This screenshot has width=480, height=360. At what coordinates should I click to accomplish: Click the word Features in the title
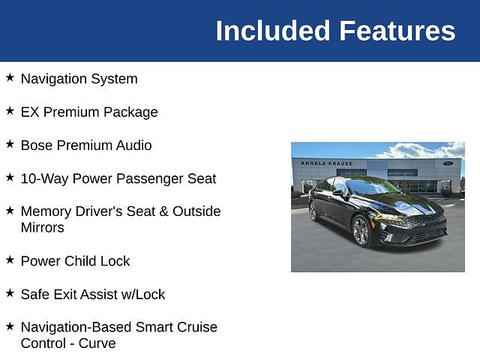click(x=397, y=31)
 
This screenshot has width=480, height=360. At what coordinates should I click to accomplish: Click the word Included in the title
click(x=273, y=31)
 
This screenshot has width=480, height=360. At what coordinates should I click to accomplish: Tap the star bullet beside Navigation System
click(x=10, y=77)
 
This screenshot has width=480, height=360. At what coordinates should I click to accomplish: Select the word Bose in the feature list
click(x=37, y=145)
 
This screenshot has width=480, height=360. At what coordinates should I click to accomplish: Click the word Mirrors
click(x=43, y=228)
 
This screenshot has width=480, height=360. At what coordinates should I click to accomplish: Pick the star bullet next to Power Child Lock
click(x=10, y=260)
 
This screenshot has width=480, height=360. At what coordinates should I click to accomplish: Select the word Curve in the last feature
click(x=97, y=343)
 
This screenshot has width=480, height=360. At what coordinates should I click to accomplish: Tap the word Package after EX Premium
click(x=130, y=112)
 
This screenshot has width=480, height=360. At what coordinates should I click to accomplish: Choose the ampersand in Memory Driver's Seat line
click(x=163, y=211)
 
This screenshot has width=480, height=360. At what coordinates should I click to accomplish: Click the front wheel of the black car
click(x=361, y=230)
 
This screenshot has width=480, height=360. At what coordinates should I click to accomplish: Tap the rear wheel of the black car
click(x=313, y=211)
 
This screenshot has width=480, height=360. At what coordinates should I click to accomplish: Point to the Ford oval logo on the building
click(x=448, y=163)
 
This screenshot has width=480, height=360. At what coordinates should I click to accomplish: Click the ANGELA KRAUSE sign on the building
click(x=326, y=163)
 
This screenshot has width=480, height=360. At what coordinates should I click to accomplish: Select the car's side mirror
click(x=338, y=193)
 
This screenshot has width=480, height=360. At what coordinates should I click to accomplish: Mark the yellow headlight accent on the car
click(x=388, y=217)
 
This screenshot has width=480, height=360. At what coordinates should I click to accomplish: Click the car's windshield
click(x=372, y=186)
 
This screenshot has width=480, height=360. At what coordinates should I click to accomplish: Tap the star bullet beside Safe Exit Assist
click(x=10, y=293)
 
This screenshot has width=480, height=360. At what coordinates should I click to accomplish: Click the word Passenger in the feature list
click(x=128, y=178)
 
